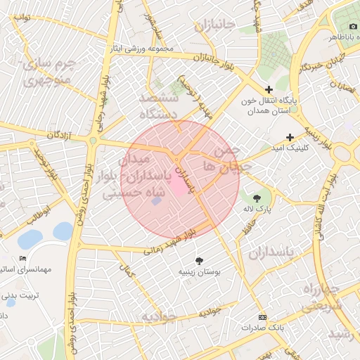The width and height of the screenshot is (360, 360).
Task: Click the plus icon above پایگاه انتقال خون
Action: click(x=269, y=89)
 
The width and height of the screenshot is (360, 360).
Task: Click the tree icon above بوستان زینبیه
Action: click(x=200, y=260)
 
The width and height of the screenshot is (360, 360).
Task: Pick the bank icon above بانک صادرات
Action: click(x=262, y=317)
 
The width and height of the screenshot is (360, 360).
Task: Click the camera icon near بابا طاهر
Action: click(x=353, y=26)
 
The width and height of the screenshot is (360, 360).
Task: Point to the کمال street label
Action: click(x=127, y=268)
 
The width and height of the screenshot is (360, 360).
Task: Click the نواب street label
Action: click(x=21, y=17)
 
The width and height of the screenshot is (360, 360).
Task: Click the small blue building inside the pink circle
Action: click(x=156, y=202)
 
